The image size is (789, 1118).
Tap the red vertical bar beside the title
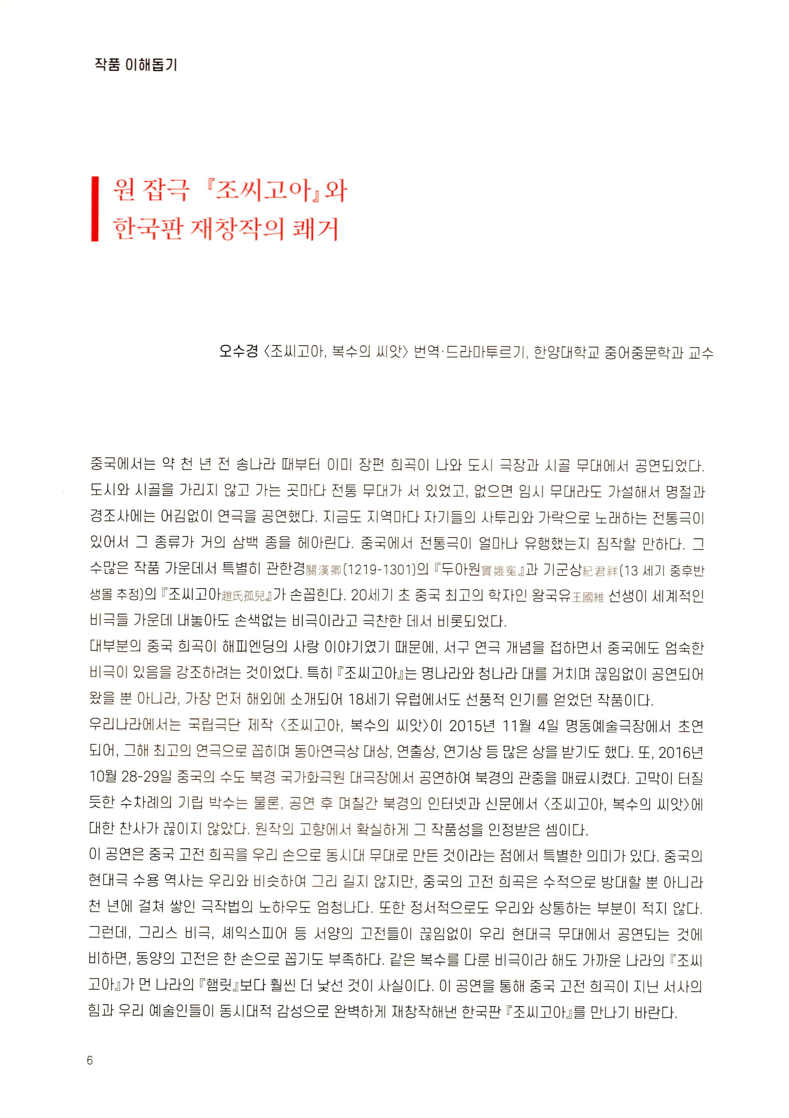95,209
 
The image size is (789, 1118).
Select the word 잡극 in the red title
165,190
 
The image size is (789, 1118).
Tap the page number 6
89,1060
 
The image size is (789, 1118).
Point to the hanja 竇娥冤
499,570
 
